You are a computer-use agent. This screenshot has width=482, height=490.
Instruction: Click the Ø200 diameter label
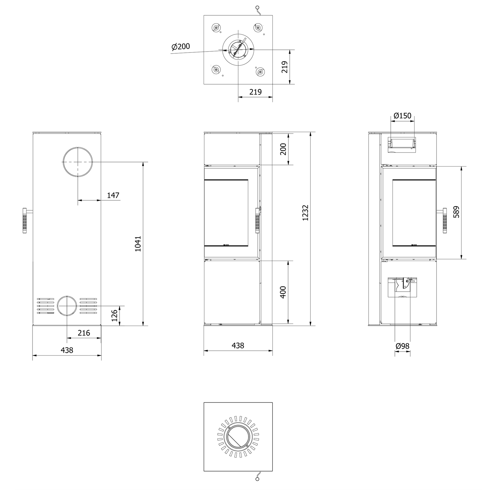pyautogui.click(x=181, y=47)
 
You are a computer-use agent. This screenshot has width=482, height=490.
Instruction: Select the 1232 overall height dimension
pyautogui.click(x=305, y=213)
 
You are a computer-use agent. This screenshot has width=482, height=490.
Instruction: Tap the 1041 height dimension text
pyautogui.click(x=138, y=244)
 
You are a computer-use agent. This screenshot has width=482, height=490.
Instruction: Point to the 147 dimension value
pyautogui.click(x=113, y=195)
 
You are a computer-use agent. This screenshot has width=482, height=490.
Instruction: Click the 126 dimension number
pyautogui.click(x=115, y=315)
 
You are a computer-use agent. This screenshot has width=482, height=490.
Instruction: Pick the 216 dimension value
pyautogui.click(x=84, y=333)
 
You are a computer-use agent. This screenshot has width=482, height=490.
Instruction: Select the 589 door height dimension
pyautogui.click(x=456, y=212)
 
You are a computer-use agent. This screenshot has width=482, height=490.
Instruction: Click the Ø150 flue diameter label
pyautogui.click(x=403, y=116)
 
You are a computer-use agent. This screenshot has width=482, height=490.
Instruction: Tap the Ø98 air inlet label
pyautogui.click(x=403, y=346)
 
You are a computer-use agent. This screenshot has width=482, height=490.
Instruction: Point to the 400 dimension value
pyautogui.click(x=283, y=292)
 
